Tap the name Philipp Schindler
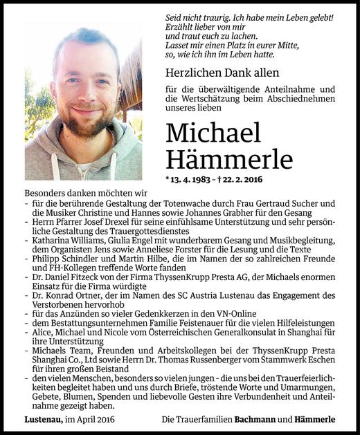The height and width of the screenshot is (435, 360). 64,258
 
